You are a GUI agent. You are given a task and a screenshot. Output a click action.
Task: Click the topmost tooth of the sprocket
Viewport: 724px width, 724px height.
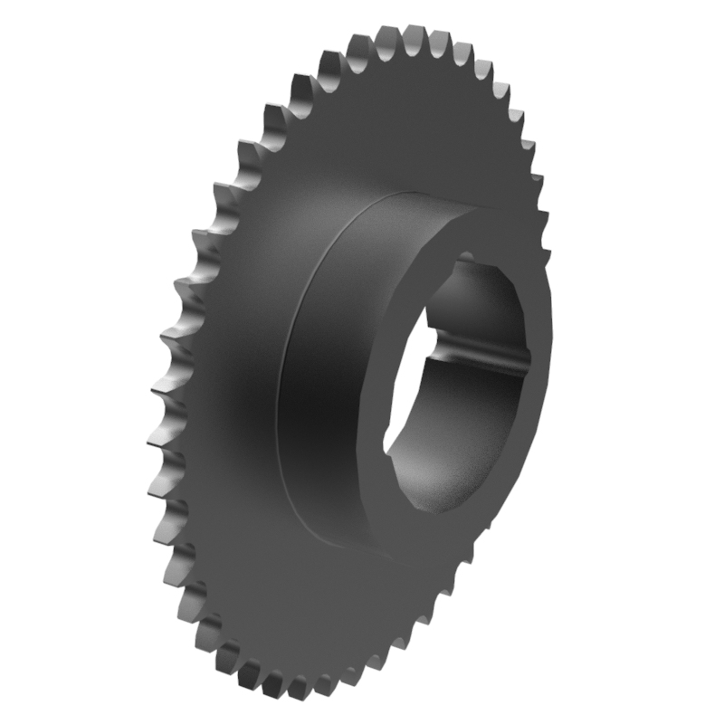tap(417, 34)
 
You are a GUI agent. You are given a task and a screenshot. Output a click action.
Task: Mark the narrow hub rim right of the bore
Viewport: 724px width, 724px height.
tap(541, 380)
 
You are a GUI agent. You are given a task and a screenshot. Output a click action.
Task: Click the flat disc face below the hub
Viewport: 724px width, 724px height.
tap(317, 615)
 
